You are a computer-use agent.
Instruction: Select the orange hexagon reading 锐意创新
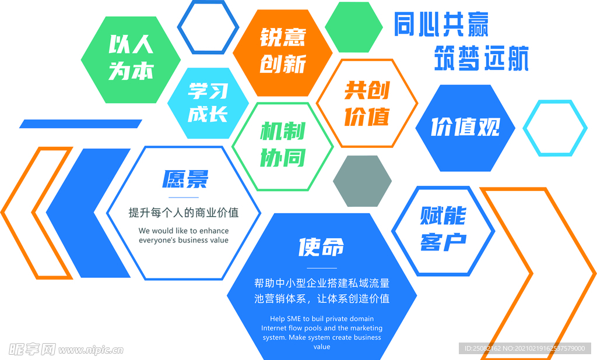[283, 52]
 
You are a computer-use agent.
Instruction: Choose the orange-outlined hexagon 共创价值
[367, 104]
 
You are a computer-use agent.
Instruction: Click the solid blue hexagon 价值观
[465, 128]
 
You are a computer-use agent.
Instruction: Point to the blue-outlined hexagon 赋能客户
[443, 231]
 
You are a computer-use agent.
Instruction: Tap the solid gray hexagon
[363, 181]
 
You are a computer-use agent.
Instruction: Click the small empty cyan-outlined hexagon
[554, 128]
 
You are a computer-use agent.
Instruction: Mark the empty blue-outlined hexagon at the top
[208, 27]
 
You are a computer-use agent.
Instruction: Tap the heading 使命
[321, 248]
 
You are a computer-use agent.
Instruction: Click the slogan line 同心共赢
[441, 24]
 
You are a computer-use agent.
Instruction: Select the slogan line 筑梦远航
[481, 59]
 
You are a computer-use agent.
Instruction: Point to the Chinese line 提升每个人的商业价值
[184, 213]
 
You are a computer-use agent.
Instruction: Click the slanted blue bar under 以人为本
[80, 123]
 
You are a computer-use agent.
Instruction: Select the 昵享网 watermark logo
[32, 349]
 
